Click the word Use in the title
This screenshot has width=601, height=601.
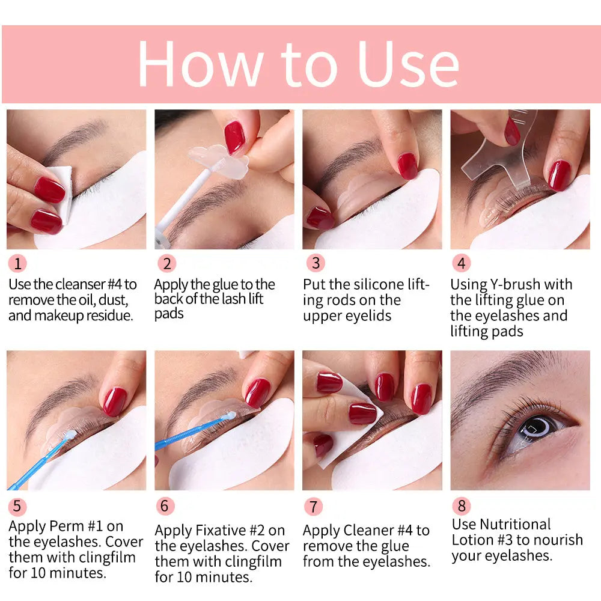point(408,64)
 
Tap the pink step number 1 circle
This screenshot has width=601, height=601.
point(17,263)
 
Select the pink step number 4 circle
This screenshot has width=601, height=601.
point(461,263)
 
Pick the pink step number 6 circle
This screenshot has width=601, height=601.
point(165,506)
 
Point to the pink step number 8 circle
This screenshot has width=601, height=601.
point(461,506)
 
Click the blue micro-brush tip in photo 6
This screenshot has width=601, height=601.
point(248,414)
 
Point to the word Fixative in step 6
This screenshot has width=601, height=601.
point(230,531)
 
